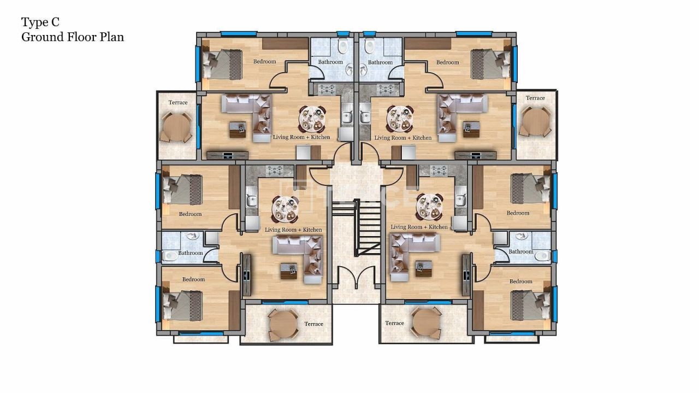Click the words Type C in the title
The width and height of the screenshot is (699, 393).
(x=40, y=22)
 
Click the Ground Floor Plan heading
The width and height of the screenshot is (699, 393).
(x=72, y=37)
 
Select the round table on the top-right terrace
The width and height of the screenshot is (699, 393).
(x=536, y=122)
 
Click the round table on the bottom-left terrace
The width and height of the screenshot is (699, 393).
(x=283, y=325)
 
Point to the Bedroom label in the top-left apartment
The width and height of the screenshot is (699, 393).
(x=264, y=62)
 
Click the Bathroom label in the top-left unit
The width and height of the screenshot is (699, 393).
(x=330, y=62)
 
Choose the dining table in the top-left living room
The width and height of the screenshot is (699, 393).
(x=312, y=119)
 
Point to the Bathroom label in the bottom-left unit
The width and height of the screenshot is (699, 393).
(x=191, y=253)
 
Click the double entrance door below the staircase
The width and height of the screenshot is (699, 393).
(x=356, y=278)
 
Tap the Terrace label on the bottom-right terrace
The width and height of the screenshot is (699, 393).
(x=394, y=324)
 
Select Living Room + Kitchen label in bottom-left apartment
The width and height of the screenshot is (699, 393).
(x=293, y=230)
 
